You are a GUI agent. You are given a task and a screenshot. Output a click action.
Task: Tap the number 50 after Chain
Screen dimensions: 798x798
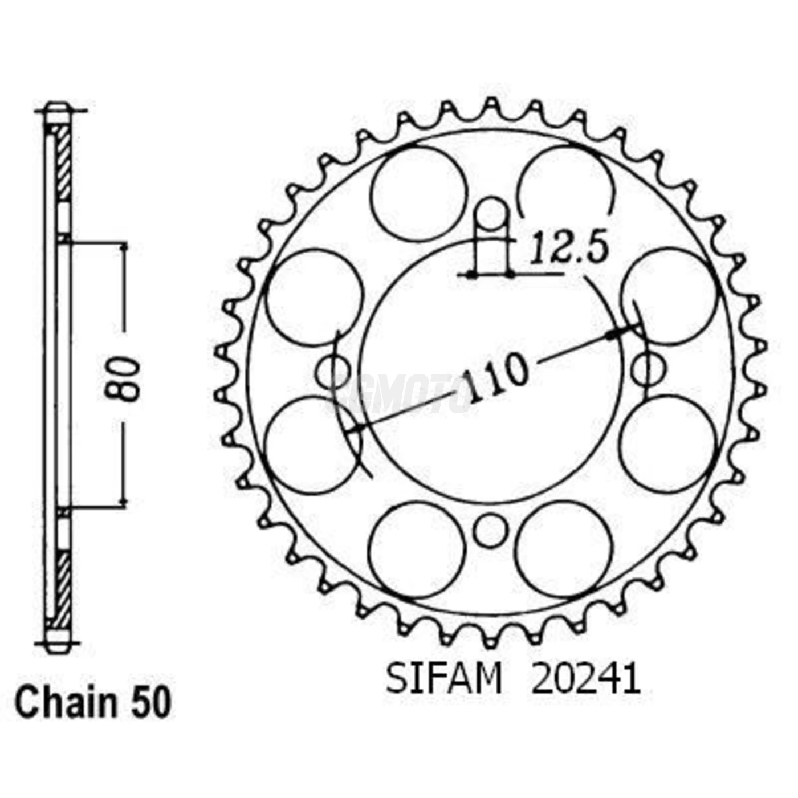click(151, 703)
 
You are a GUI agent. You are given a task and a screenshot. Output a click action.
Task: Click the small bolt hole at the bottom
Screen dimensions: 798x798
click(490, 531)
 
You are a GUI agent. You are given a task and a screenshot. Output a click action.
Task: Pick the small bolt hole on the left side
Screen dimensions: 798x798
click(333, 371)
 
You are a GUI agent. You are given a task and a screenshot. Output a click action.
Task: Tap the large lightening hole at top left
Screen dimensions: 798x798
click(419, 194)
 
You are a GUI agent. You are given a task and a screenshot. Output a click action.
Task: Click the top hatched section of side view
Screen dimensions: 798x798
click(64, 162)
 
